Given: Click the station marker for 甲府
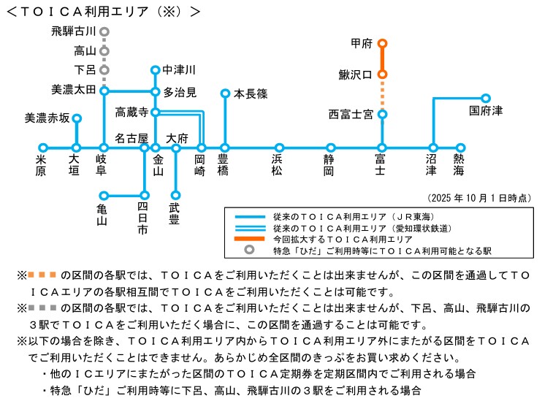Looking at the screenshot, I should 382,44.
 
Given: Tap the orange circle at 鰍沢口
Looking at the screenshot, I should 382,75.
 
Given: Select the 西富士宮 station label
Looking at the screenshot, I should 351,114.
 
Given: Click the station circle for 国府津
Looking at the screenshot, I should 486,97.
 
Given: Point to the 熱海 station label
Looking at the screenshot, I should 459,164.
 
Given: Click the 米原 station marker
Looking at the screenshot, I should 42,148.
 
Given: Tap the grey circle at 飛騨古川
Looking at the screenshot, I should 104,32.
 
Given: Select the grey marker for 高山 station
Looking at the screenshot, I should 104,51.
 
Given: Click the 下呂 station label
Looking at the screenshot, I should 85,70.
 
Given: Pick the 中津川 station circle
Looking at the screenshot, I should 155,70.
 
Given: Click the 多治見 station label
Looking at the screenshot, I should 180,92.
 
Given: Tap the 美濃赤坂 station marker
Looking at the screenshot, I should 77,118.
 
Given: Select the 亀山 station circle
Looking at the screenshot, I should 103,195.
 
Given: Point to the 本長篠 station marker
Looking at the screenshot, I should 225,93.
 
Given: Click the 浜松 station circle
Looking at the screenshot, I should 279,148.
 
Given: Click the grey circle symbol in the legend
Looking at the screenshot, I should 250,249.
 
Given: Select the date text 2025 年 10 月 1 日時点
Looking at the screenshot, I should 478,198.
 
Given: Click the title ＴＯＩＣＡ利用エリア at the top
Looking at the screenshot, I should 102,12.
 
